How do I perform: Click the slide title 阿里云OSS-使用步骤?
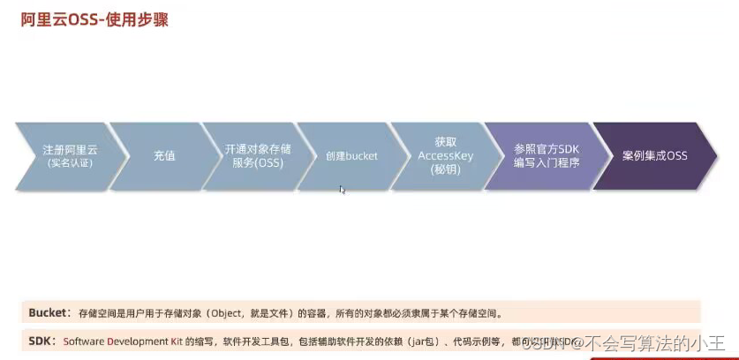pos(94,19)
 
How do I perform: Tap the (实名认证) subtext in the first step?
pos(69,163)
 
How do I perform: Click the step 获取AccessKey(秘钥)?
pos(445,155)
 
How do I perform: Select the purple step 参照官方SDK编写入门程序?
pos(546,156)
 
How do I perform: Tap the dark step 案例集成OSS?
pos(654,156)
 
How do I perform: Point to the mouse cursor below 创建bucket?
pos(343,189)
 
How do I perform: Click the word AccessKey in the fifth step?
pos(445,155)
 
